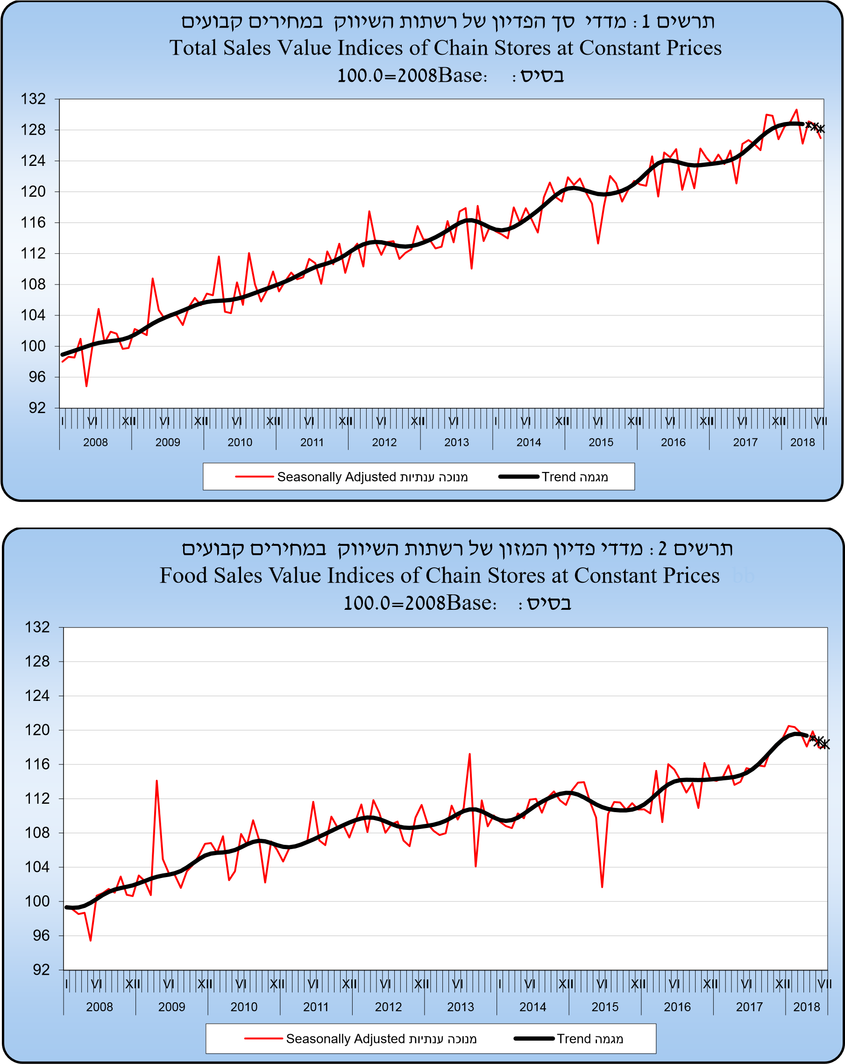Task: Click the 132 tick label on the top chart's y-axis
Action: pyautogui.click(x=33, y=99)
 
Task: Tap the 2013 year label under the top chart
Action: pyautogui.click(x=456, y=442)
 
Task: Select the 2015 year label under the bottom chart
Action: pyautogui.click(x=605, y=1007)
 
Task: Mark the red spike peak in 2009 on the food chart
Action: pyautogui.click(x=157, y=780)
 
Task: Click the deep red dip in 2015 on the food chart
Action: pyautogui.click(x=602, y=887)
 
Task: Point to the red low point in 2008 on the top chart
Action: pyautogui.click(x=86, y=386)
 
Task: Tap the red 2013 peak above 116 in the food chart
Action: pyautogui.click(x=469, y=754)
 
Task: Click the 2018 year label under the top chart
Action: pyautogui.click(x=802, y=442)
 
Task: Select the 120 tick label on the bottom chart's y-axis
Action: pyautogui.click(x=37, y=730)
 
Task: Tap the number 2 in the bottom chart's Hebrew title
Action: pyautogui.click(x=662, y=548)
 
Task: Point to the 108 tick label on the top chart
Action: pyautogui.click(x=33, y=284)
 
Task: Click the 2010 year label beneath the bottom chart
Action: pyautogui.click(x=244, y=1007)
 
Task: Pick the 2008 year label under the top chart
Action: pyautogui.click(x=95, y=442)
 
